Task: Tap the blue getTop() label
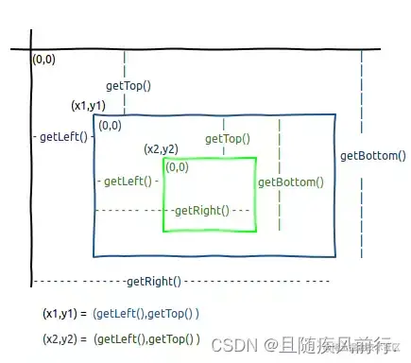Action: tap(135, 86)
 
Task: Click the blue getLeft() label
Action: tap(63, 136)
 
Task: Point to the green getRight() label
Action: tap(200, 209)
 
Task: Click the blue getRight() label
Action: tap(153, 282)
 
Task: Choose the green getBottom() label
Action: tap(290, 182)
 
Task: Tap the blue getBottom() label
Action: tap(372, 157)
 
